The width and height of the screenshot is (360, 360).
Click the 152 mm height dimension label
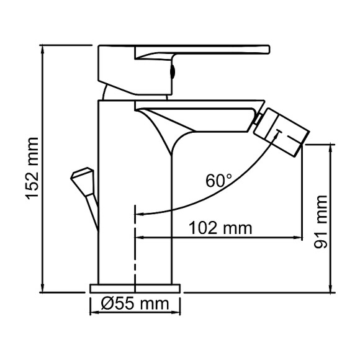(32, 169)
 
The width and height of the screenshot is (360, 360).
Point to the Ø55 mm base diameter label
(135, 304)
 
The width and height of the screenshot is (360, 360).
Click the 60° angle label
(218, 181)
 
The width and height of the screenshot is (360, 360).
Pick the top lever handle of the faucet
(205, 50)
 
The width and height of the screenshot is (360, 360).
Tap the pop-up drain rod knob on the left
(82, 176)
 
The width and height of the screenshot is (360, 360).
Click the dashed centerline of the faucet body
(135, 248)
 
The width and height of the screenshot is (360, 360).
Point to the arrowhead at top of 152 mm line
(43, 48)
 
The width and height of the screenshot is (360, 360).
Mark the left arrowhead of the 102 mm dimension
(140, 237)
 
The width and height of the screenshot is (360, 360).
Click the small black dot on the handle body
(173, 72)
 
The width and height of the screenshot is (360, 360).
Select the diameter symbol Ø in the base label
(107, 304)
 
